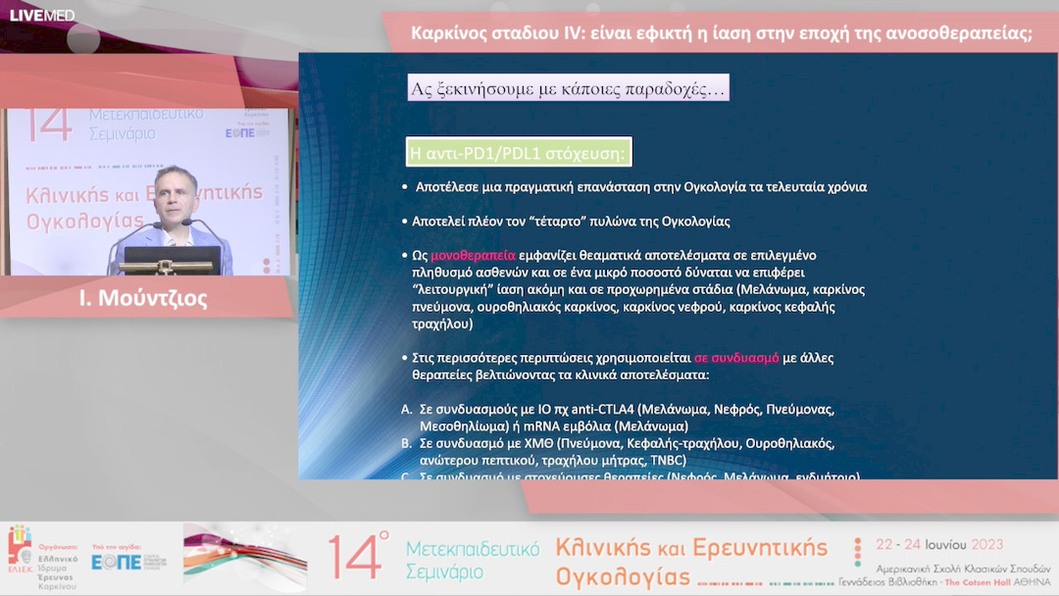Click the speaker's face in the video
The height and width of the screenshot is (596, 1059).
tap(176, 199)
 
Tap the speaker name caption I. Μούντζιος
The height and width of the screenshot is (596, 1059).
tap(143, 298)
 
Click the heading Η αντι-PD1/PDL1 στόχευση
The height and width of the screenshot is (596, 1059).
tap(519, 153)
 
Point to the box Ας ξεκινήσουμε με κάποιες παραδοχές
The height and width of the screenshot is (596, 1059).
tap(569, 89)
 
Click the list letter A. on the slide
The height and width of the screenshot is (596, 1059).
tap(407, 410)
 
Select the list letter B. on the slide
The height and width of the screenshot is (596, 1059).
tap(407, 443)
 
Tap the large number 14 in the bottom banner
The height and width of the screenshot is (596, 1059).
tap(353, 559)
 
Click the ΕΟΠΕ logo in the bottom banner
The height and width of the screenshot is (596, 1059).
tap(116, 562)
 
